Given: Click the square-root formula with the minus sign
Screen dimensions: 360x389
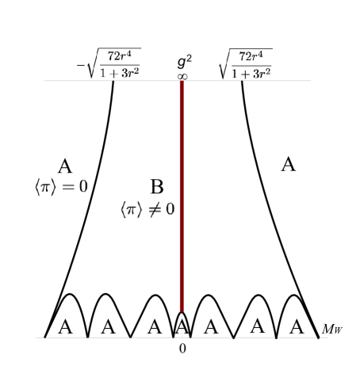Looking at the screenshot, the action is click(109, 63).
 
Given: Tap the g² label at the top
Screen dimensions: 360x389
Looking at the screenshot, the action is click(185, 61).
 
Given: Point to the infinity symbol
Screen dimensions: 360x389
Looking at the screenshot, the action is click(182, 76).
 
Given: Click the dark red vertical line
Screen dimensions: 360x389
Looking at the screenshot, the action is click(182, 198).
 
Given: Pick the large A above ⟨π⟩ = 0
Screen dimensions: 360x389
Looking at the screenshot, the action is click(65, 166).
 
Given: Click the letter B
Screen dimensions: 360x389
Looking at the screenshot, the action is click(157, 188).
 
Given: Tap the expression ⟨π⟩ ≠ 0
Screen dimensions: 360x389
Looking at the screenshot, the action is click(147, 210).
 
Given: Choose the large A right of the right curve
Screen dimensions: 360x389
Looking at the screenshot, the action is click(289, 165).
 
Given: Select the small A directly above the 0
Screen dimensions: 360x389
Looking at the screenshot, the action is click(182, 326).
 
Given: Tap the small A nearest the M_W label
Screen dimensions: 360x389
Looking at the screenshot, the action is click(297, 326).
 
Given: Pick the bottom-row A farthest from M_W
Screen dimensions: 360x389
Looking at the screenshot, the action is click(65, 326).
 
